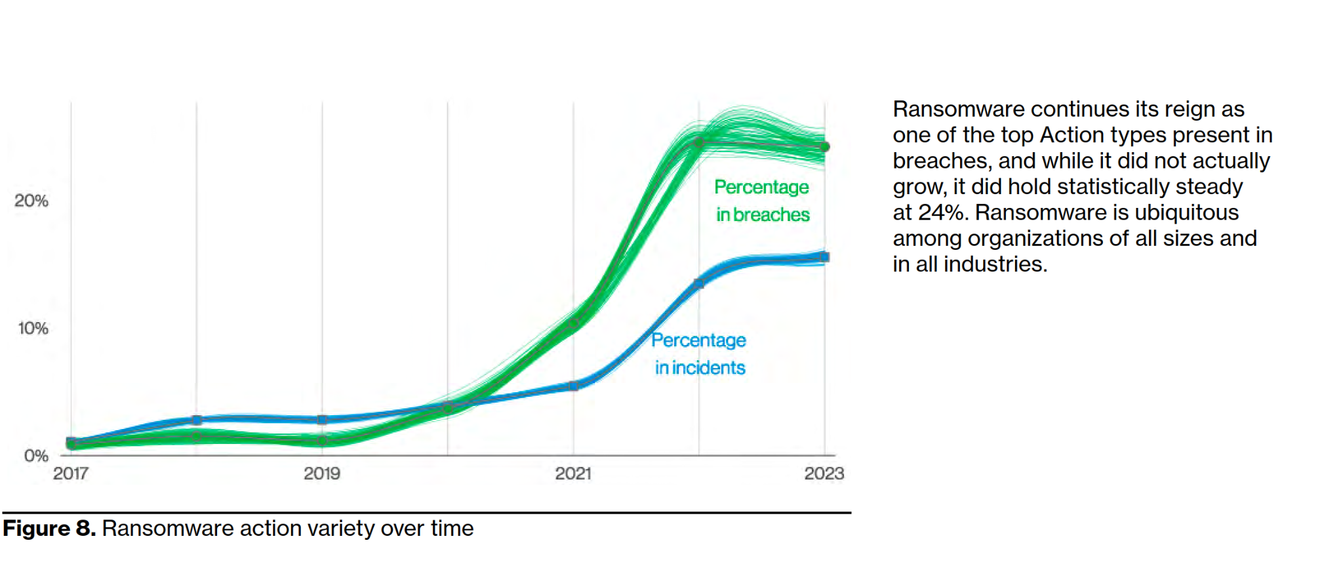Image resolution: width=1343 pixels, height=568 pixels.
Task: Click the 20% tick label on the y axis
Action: click(31, 201)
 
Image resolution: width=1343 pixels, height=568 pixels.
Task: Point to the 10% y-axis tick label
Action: click(33, 328)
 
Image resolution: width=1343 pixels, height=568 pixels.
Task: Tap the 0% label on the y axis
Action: click(36, 456)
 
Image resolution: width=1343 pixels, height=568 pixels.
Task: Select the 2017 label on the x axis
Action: click(71, 474)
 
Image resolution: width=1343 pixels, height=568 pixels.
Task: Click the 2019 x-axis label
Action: click(322, 474)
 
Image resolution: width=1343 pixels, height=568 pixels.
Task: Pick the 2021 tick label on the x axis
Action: click(573, 474)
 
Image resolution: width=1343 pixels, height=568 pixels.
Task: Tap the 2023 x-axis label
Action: click(824, 474)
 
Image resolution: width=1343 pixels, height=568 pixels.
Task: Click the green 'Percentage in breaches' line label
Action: click(762, 201)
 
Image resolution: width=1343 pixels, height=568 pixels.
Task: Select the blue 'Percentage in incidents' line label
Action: click(699, 354)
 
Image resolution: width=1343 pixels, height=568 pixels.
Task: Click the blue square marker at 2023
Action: click(825, 257)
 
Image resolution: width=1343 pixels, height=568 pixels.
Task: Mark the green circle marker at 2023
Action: click(825, 147)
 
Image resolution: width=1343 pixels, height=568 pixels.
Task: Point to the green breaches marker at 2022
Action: click(699, 142)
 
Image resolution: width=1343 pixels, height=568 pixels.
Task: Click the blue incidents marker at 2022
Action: click(699, 284)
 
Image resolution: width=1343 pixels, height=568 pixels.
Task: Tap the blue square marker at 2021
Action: click(574, 386)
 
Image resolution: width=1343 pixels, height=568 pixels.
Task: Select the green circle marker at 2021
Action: click(574, 323)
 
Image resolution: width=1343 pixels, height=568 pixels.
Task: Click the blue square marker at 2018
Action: click(197, 420)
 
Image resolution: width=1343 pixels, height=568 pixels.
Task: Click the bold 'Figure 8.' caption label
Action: click(50, 529)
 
